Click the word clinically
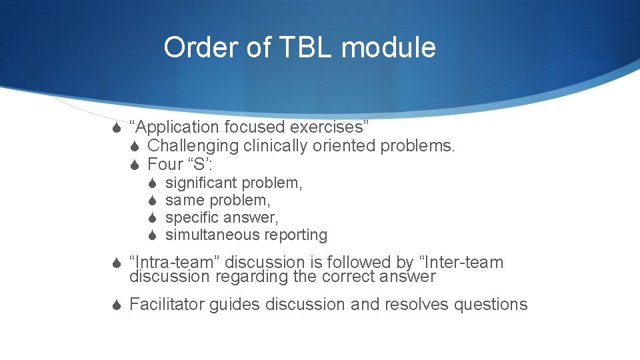coord(277,145)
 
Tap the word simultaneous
coord(213,235)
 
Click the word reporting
coord(295,235)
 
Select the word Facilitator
coord(167,305)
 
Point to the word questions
coord(491,305)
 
